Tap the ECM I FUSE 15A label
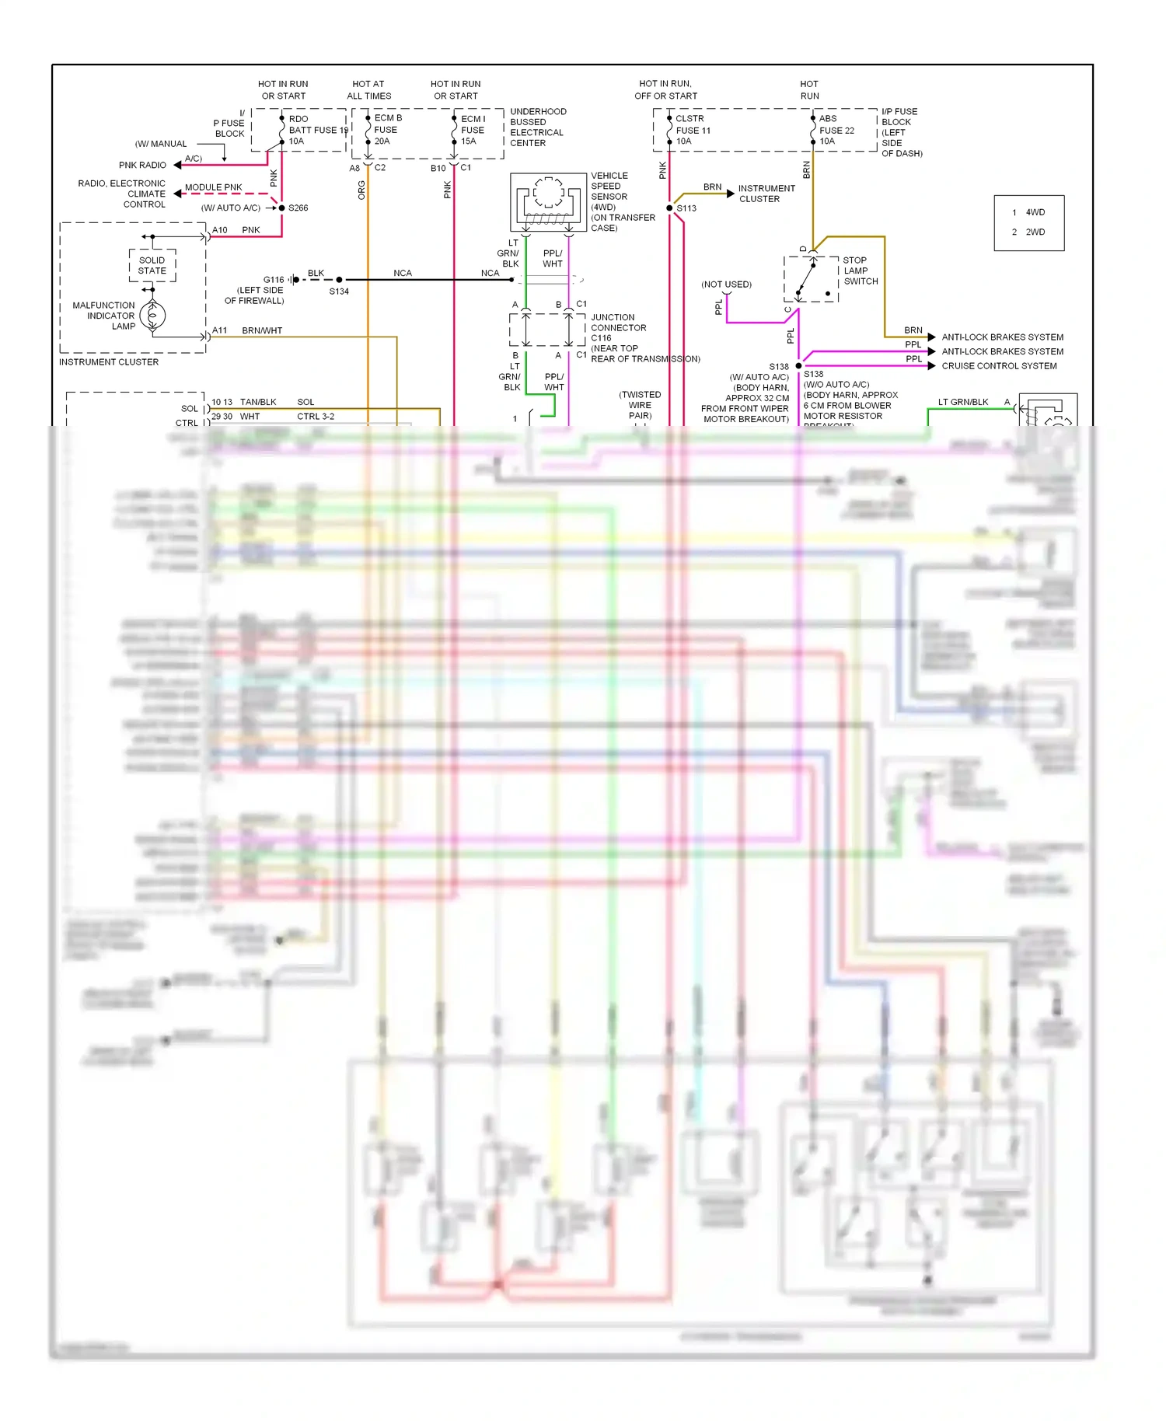tap(473, 130)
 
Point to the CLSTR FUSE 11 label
tap(692, 130)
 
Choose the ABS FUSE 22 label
tap(836, 130)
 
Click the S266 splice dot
tap(281, 208)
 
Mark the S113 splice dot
tap(669, 208)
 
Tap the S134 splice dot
tap(339, 280)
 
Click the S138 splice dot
tap(798, 366)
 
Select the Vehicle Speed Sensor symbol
tap(548, 202)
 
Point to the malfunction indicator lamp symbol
tap(152, 316)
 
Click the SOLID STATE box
tap(152, 266)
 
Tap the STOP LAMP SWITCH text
tap(861, 271)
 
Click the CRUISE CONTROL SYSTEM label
tap(999, 366)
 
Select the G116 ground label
tap(274, 280)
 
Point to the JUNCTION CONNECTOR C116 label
tap(618, 327)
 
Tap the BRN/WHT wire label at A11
tap(262, 331)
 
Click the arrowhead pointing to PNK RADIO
tap(178, 166)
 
